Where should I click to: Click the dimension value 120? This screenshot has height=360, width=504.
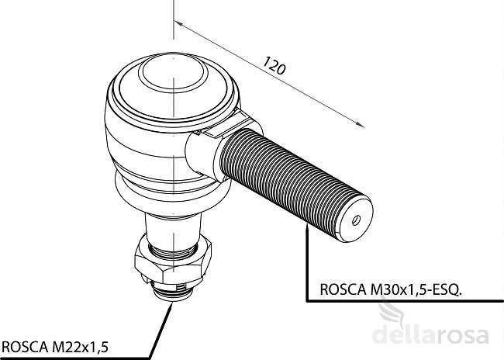(274, 65)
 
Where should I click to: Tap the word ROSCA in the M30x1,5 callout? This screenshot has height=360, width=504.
(343, 289)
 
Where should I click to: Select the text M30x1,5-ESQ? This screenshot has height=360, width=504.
(416, 289)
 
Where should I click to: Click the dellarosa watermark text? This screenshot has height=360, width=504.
(430, 334)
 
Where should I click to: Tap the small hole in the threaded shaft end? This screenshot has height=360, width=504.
(356, 220)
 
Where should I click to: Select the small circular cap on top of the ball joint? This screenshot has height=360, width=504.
(173, 74)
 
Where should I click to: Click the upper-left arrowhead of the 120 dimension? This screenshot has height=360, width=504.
(178, 24)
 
